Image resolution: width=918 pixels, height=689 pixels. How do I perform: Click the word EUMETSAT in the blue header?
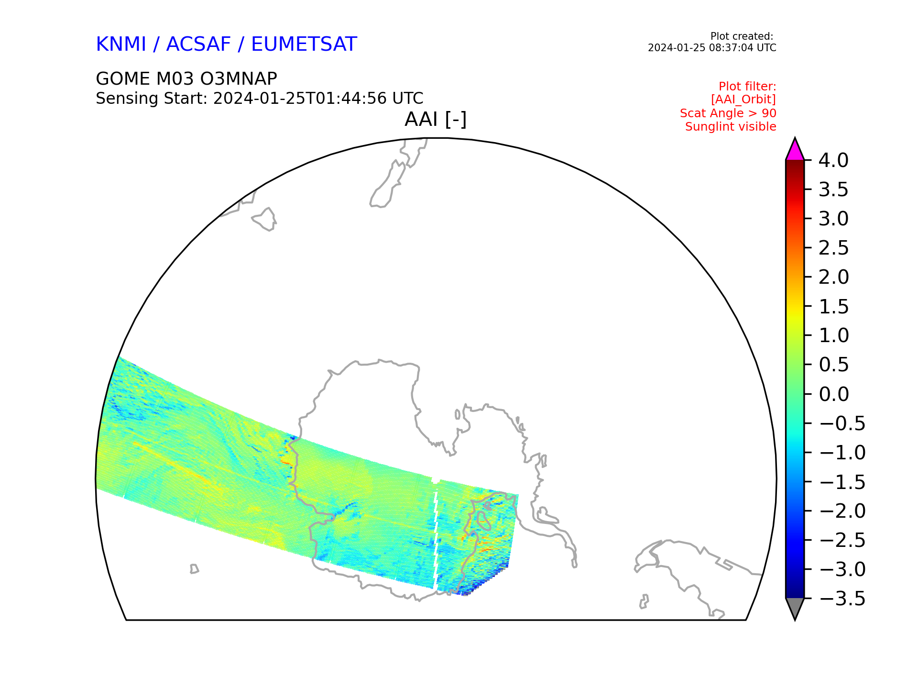[x=304, y=44]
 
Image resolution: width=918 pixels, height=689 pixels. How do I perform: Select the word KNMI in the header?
[x=121, y=44]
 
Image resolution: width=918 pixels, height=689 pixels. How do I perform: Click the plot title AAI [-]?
[x=436, y=119]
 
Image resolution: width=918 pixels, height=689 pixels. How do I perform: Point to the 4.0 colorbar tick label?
[x=833, y=160]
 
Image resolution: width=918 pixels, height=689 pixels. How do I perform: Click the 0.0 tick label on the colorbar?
[x=833, y=394]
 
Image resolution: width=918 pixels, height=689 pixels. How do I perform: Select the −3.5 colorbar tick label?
[x=842, y=599]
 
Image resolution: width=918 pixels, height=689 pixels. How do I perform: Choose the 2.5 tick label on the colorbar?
[x=833, y=248]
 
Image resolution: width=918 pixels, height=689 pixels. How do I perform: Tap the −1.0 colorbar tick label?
[x=842, y=453]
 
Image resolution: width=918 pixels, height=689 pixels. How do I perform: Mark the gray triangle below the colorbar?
[x=795, y=608]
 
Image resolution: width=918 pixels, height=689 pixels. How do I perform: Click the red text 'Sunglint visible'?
[x=731, y=127]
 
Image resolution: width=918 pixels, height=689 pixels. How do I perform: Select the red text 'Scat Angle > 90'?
[x=728, y=113]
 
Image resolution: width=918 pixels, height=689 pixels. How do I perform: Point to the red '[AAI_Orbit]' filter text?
[x=743, y=100]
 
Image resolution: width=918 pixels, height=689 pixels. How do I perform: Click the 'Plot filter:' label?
[x=747, y=87]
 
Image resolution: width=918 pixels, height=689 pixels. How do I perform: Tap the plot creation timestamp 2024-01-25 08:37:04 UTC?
[x=712, y=48]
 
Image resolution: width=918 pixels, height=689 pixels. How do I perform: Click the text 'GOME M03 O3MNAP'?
[x=186, y=78]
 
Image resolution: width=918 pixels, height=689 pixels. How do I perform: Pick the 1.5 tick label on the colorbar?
[x=833, y=307]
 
